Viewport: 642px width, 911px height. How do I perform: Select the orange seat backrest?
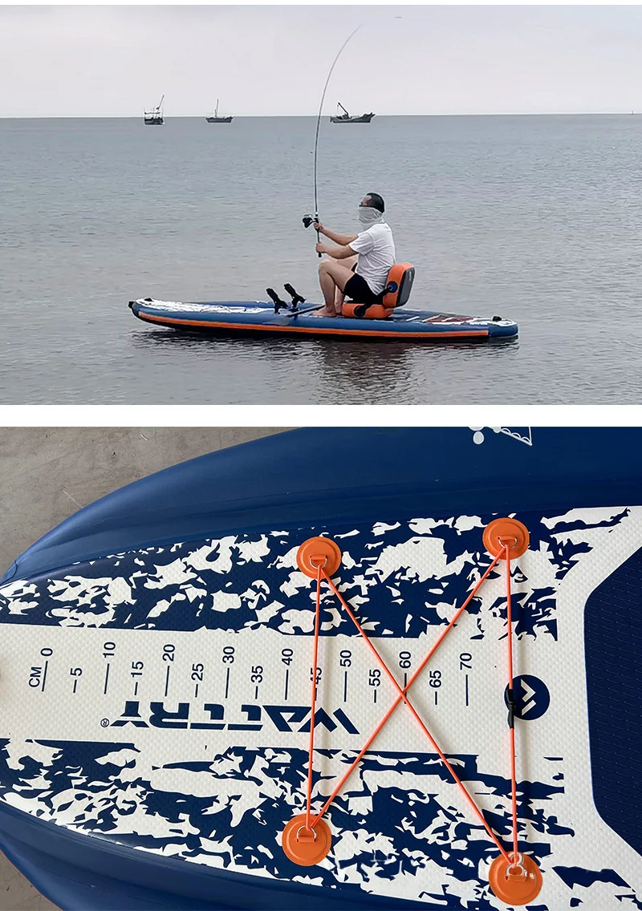(399, 285)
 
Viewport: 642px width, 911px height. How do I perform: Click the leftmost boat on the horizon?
(153, 116)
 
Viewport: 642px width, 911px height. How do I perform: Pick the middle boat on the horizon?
(218, 117)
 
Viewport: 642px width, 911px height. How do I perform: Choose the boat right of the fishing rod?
(351, 116)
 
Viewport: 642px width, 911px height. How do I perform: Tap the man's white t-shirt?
(374, 254)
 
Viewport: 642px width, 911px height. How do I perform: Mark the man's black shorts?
(358, 288)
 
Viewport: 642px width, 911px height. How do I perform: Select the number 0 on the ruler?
(47, 652)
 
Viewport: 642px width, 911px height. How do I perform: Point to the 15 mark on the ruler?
(137, 667)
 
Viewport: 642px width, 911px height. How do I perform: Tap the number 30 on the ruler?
(229, 654)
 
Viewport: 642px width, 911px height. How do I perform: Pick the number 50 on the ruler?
(346, 658)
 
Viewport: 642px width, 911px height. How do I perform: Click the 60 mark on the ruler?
(405, 659)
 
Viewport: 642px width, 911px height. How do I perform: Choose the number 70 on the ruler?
(465, 662)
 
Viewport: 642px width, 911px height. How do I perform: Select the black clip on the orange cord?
(510, 706)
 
